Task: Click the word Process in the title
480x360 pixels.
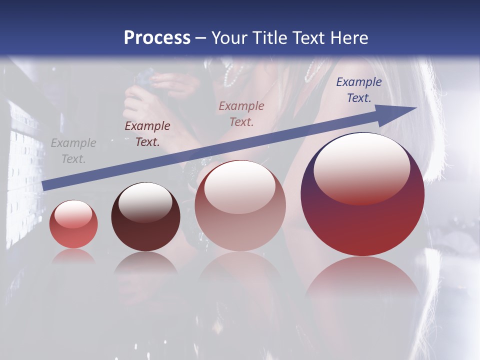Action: pyautogui.click(x=157, y=38)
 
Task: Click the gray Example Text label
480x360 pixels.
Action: pyautogui.click(x=73, y=151)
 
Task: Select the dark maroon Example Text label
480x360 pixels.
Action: pyautogui.click(x=147, y=134)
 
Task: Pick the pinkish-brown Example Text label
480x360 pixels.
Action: pyautogui.click(x=241, y=113)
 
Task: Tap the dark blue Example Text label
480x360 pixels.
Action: pyautogui.click(x=358, y=90)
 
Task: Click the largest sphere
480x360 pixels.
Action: pyautogui.click(x=362, y=220)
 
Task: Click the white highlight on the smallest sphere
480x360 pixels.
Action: pyautogui.click(x=73, y=214)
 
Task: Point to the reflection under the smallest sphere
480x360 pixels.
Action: pyautogui.click(x=73, y=256)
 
